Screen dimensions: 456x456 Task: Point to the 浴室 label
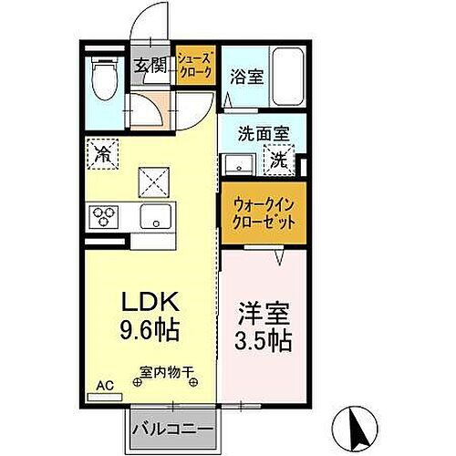coord(248,77)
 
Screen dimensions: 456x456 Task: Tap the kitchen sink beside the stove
coord(154,217)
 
